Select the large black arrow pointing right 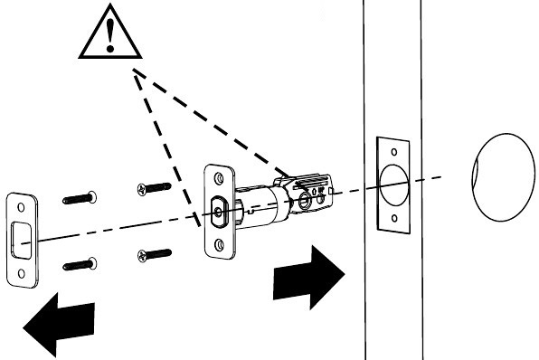coord(307,275)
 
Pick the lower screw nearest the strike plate coord(82,264)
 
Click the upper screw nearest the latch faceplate coord(154,188)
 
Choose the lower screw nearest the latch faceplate coord(155,254)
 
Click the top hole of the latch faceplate coord(217,176)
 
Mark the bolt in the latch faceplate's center coord(220,212)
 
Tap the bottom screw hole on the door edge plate coord(393,218)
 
